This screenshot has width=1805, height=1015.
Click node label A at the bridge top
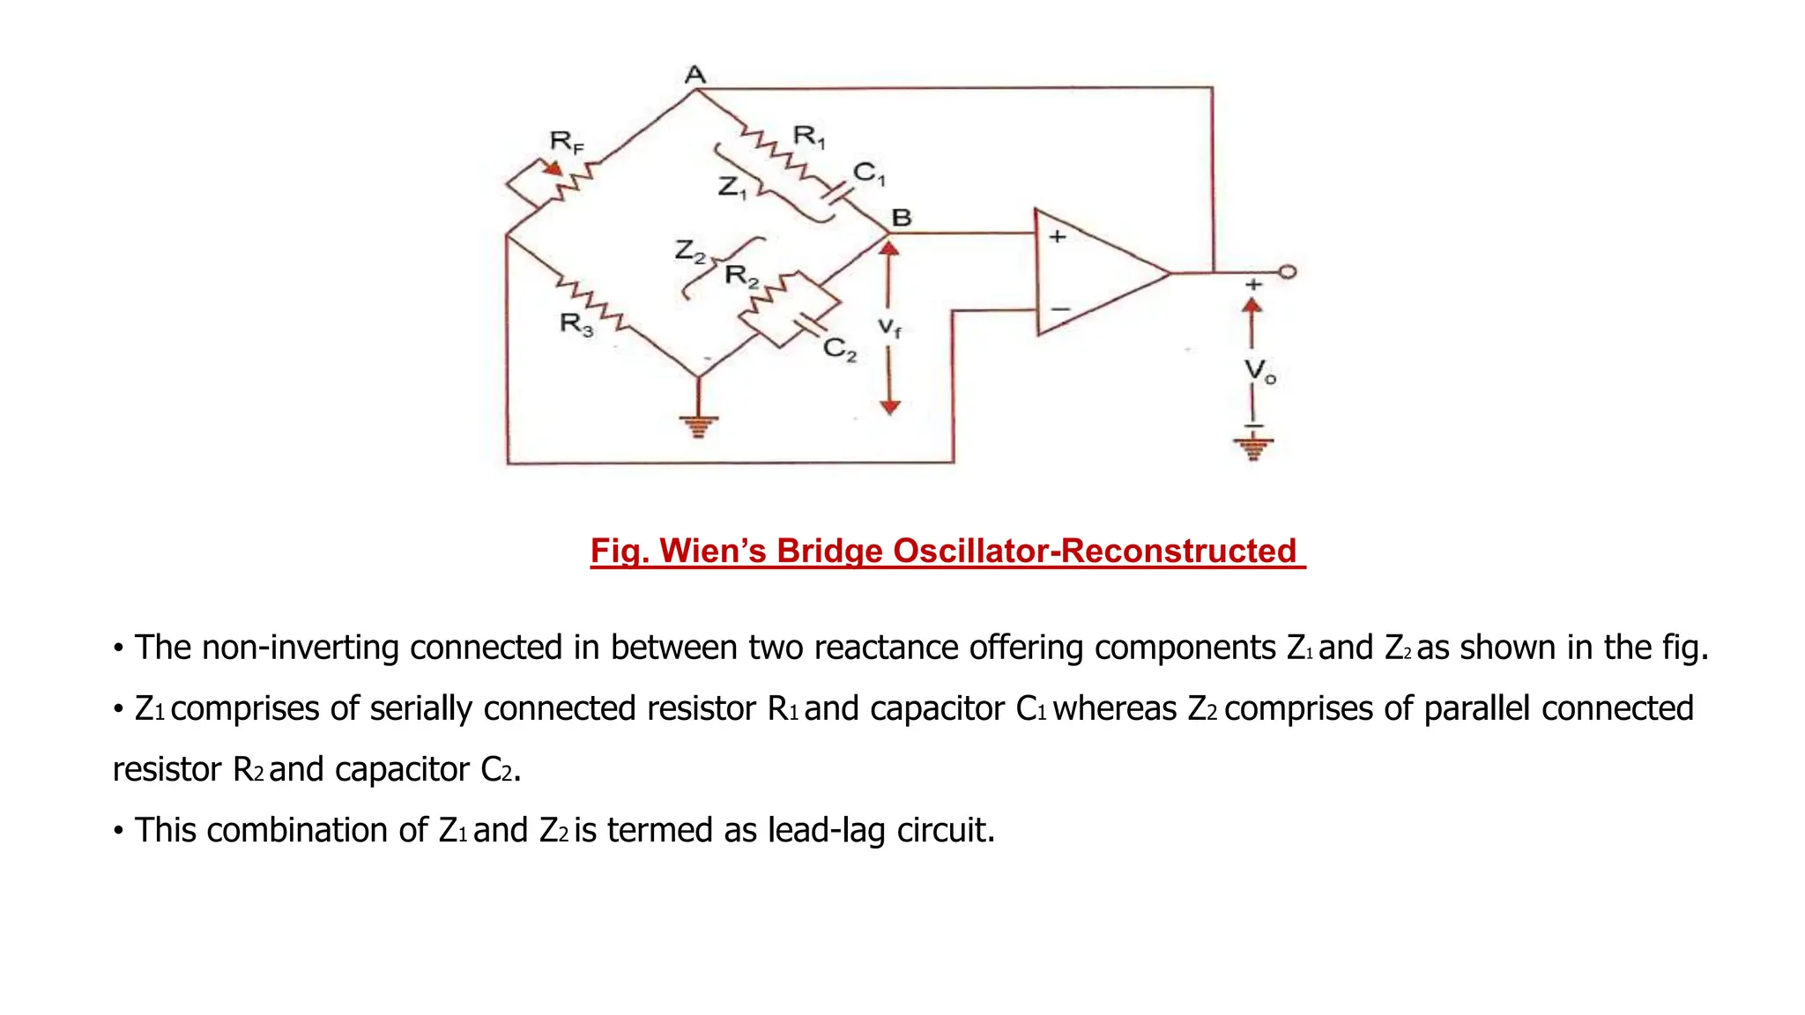pos(695,74)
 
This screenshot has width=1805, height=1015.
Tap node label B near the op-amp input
pos(901,217)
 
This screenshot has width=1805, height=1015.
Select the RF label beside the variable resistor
pos(566,141)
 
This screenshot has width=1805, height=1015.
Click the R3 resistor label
pos(576,324)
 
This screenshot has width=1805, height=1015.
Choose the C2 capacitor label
pos(839,350)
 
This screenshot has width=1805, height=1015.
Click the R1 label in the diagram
pos(808,136)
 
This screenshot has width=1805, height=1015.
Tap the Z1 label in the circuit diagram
pos(732,187)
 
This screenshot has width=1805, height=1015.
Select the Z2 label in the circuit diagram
pos(689,251)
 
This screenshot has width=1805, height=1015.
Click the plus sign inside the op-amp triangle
pos(1058,236)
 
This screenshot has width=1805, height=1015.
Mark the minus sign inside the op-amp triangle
pos(1060,309)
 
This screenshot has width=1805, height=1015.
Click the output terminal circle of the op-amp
pos(1288,272)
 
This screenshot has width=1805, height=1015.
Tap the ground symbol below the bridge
pos(698,426)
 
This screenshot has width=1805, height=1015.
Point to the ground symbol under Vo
pos(1252,445)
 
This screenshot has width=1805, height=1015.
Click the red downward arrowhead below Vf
pos(890,406)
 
